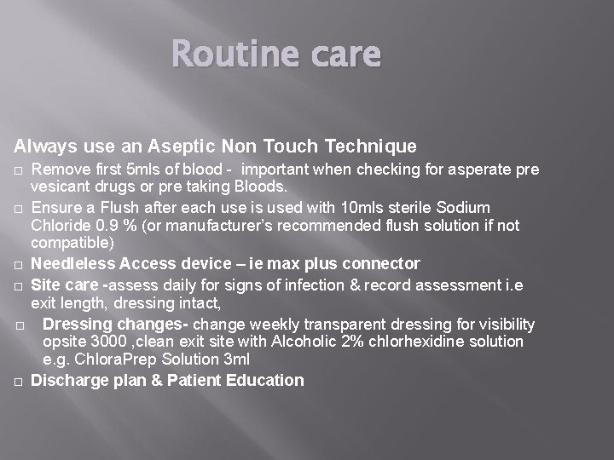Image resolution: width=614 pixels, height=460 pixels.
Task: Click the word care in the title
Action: click(344, 55)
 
